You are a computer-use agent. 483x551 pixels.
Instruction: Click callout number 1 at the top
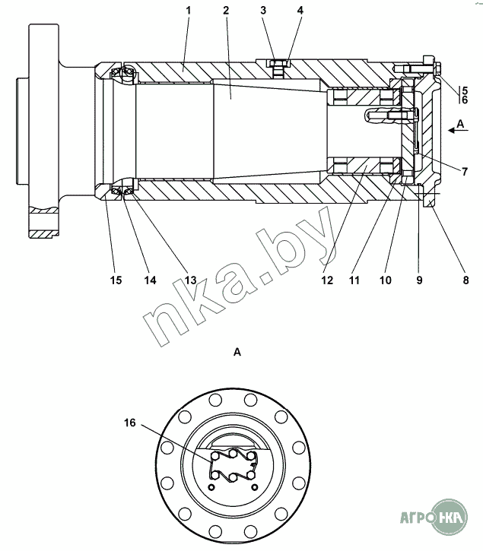(188, 11)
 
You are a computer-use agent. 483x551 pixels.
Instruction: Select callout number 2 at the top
(226, 11)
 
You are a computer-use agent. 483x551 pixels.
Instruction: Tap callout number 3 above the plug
(263, 11)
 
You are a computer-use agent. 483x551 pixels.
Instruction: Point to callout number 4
(300, 11)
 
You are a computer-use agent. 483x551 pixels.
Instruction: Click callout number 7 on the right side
(465, 172)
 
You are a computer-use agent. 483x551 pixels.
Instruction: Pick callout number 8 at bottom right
(466, 280)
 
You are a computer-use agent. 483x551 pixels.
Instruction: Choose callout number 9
(419, 280)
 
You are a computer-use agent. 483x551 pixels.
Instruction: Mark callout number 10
(386, 280)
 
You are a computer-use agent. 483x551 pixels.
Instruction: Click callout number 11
(354, 280)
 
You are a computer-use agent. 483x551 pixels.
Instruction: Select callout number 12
(327, 280)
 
